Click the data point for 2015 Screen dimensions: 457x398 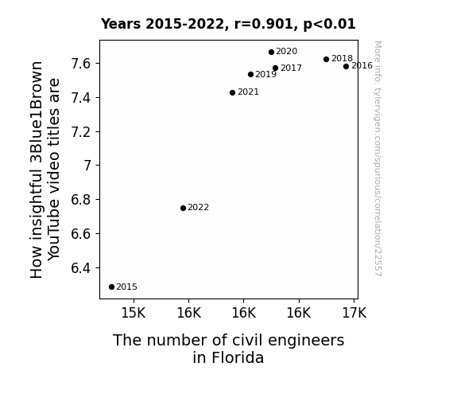[111, 287]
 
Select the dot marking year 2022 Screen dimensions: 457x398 [183, 209]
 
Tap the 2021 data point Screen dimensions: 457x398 [232, 93]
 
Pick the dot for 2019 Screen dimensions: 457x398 [250, 75]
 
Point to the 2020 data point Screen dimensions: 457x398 [271, 53]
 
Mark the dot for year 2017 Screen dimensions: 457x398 [276, 68]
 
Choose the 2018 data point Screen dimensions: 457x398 [326, 59]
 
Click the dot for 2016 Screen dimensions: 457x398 [346, 67]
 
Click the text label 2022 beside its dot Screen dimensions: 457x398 [198, 207]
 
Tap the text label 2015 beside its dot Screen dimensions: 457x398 [126, 287]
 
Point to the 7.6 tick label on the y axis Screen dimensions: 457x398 [81, 64]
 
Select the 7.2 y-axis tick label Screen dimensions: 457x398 [81, 132]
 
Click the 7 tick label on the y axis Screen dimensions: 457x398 [87, 166]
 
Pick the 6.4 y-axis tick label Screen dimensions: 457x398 [81, 268]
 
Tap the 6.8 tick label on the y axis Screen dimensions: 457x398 [81, 200]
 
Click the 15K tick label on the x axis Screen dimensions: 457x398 [134, 313]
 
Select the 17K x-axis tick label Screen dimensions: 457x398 [354, 313]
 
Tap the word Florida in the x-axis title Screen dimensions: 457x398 [238, 357]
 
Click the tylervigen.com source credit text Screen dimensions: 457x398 [378, 158]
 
